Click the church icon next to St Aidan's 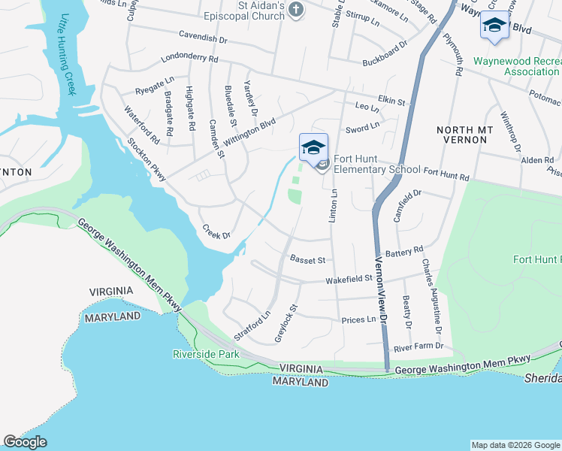tap(297, 10)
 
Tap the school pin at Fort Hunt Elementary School tap(313, 147)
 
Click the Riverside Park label tap(206, 354)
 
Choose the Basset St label tap(307, 260)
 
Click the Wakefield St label tap(349, 279)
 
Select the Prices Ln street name tap(358, 320)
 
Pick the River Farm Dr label tap(418, 347)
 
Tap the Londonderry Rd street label tap(189, 59)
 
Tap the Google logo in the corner tap(25, 443)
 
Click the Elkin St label tap(391, 101)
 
